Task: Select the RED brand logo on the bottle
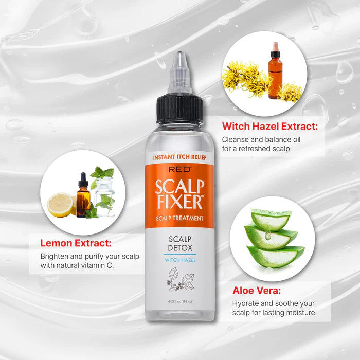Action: [179, 169]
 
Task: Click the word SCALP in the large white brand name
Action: [179, 185]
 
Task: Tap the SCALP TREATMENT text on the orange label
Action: [179, 218]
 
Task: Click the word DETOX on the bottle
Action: [179, 247]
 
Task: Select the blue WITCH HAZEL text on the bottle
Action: [179, 260]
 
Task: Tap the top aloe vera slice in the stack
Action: [271, 219]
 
